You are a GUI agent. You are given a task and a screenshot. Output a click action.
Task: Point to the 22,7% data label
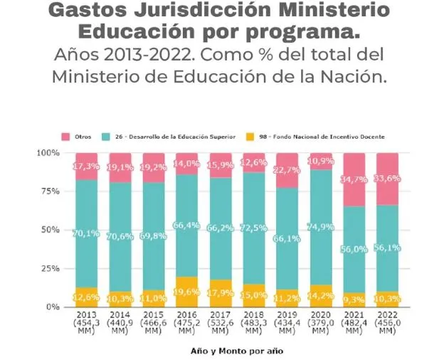(287, 170)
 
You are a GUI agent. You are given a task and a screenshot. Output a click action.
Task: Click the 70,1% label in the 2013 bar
(85, 232)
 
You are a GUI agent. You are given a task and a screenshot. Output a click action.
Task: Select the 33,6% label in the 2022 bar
(388, 179)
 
